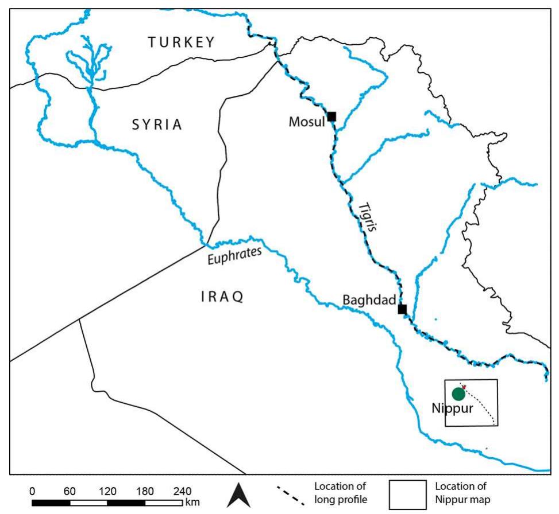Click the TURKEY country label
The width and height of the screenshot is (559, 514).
(181, 42)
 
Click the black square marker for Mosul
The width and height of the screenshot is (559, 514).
(331, 116)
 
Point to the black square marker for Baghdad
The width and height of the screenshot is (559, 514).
(402, 309)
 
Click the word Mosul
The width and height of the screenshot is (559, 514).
(307, 122)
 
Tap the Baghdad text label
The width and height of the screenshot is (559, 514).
(369, 300)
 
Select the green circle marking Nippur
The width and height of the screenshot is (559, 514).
(458, 394)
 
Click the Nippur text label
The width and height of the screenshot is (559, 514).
(452, 408)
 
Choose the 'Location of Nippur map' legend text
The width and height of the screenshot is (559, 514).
(462, 492)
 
